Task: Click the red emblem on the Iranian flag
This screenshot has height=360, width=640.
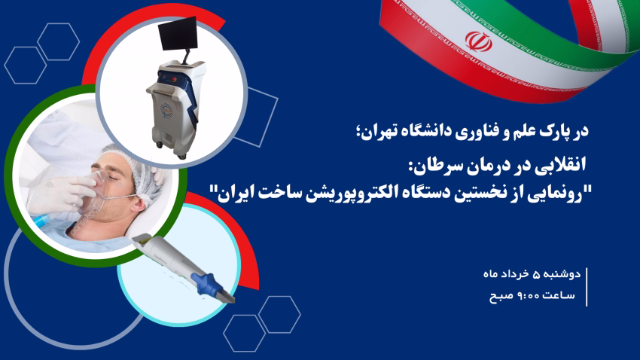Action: [478, 41]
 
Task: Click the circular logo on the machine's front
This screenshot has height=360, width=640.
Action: [166, 110]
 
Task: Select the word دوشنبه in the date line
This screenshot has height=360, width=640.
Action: [564, 274]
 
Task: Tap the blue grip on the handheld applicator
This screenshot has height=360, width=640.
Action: [207, 282]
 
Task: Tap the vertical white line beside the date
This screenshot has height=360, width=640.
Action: [587, 287]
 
